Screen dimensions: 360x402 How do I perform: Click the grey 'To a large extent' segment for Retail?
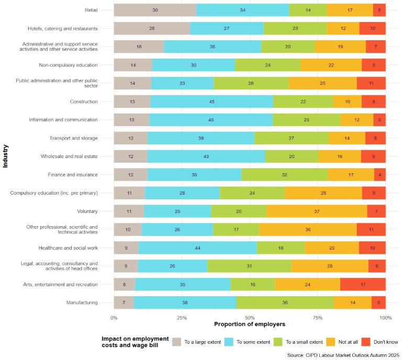pos(155,10)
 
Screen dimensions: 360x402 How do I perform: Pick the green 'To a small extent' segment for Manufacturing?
pos(285,302)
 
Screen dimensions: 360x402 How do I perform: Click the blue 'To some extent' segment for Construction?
pos(211,102)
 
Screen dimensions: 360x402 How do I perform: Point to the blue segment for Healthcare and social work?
pos(198,248)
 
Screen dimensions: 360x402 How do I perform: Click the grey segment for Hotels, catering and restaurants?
pos(152,28)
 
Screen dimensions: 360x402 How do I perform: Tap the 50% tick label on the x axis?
pos(250,318)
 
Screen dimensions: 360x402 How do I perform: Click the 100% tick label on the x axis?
pos(385,318)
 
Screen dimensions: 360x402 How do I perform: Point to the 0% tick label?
pos(114,318)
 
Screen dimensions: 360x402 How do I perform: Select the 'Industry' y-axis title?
pos(6,156)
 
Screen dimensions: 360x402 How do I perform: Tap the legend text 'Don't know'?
pos(386,342)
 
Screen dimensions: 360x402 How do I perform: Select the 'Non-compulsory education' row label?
pos(68,65)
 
